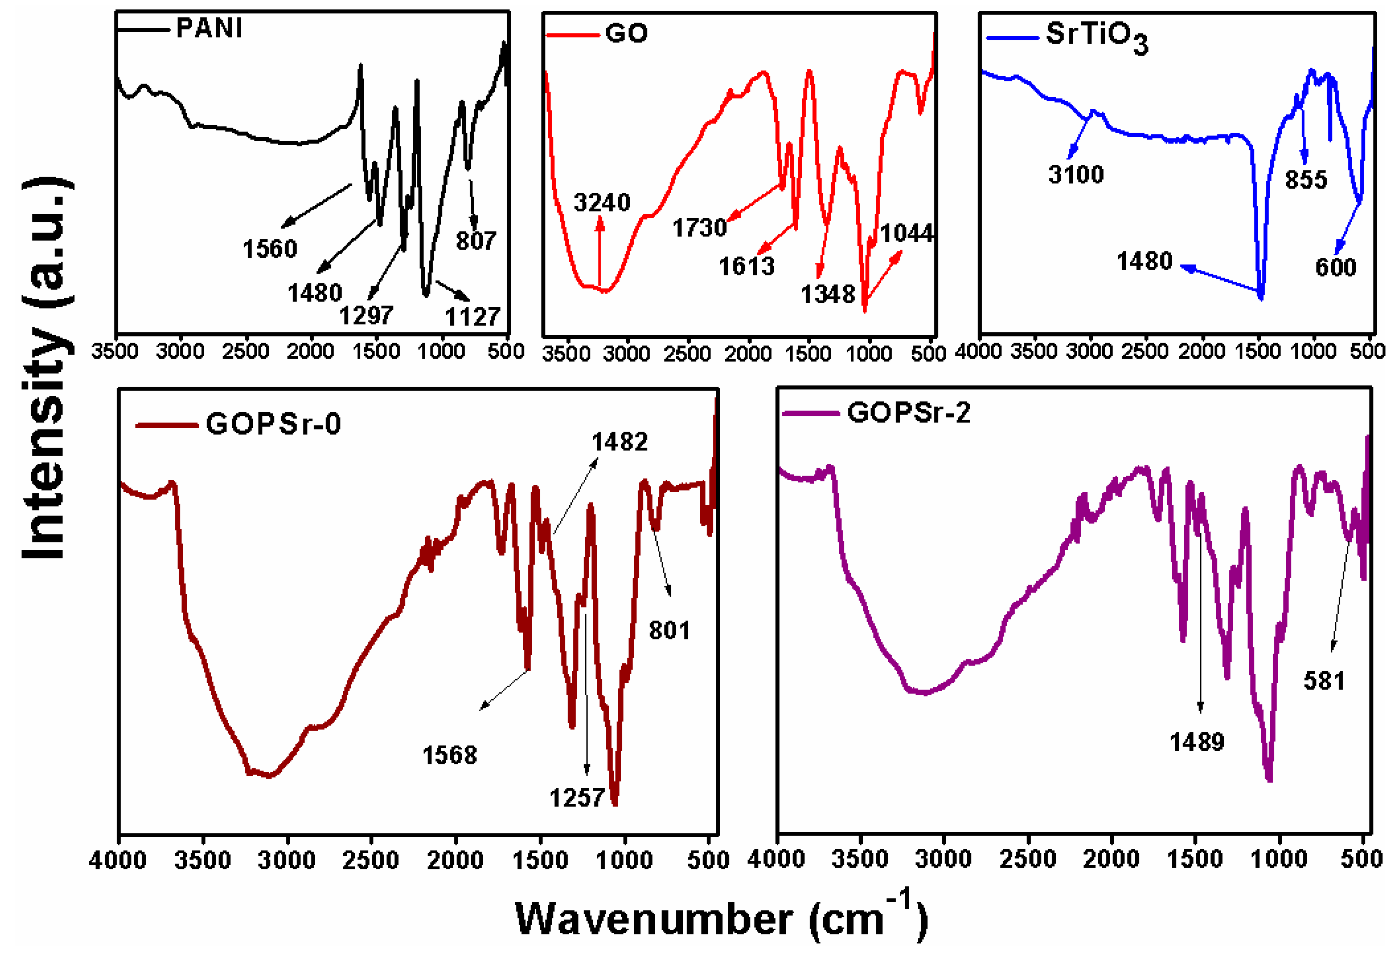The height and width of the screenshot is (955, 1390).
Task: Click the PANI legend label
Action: pyautogui.click(x=210, y=28)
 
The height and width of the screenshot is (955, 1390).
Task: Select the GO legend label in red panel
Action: pyautogui.click(x=626, y=33)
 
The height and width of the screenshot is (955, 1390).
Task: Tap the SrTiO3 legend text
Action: pyautogui.click(x=1097, y=37)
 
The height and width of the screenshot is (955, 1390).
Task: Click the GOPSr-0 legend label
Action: pyautogui.click(x=273, y=424)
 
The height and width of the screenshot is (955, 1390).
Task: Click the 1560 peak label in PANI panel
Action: pyautogui.click(x=270, y=249)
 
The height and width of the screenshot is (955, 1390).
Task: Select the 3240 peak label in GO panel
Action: pyautogui.click(x=602, y=203)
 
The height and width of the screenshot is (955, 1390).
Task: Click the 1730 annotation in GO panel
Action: pyautogui.click(x=699, y=228)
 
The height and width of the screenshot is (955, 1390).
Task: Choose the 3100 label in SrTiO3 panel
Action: pyautogui.click(x=1076, y=175)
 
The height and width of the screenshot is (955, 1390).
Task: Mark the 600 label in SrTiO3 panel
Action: pyautogui.click(x=1336, y=267)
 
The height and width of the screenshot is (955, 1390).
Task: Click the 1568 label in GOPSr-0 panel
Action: pyautogui.click(x=450, y=756)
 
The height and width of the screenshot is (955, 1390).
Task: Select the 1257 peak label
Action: pyautogui.click(x=577, y=798)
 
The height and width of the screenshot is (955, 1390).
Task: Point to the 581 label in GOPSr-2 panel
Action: pyautogui.click(x=1324, y=681)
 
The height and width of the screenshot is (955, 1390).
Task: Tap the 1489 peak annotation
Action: pyautogui.click(x=1197, y=742)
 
